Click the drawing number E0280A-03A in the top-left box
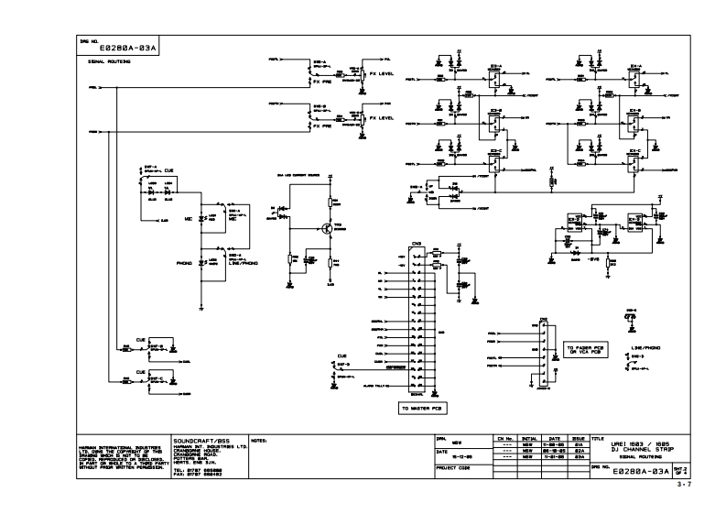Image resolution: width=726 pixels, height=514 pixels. pyautogui.click(x=116, y=48)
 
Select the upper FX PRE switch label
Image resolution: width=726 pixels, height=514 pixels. pyautogui.click(x=322, y=82)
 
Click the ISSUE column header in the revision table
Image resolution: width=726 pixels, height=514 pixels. pyautogui.click(x=580, y=439)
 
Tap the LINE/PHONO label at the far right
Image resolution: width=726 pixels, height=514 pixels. pyautogui.click(x=645, y=349)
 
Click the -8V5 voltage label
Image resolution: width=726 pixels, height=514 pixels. pyautogui.click(x=593, y=259)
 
